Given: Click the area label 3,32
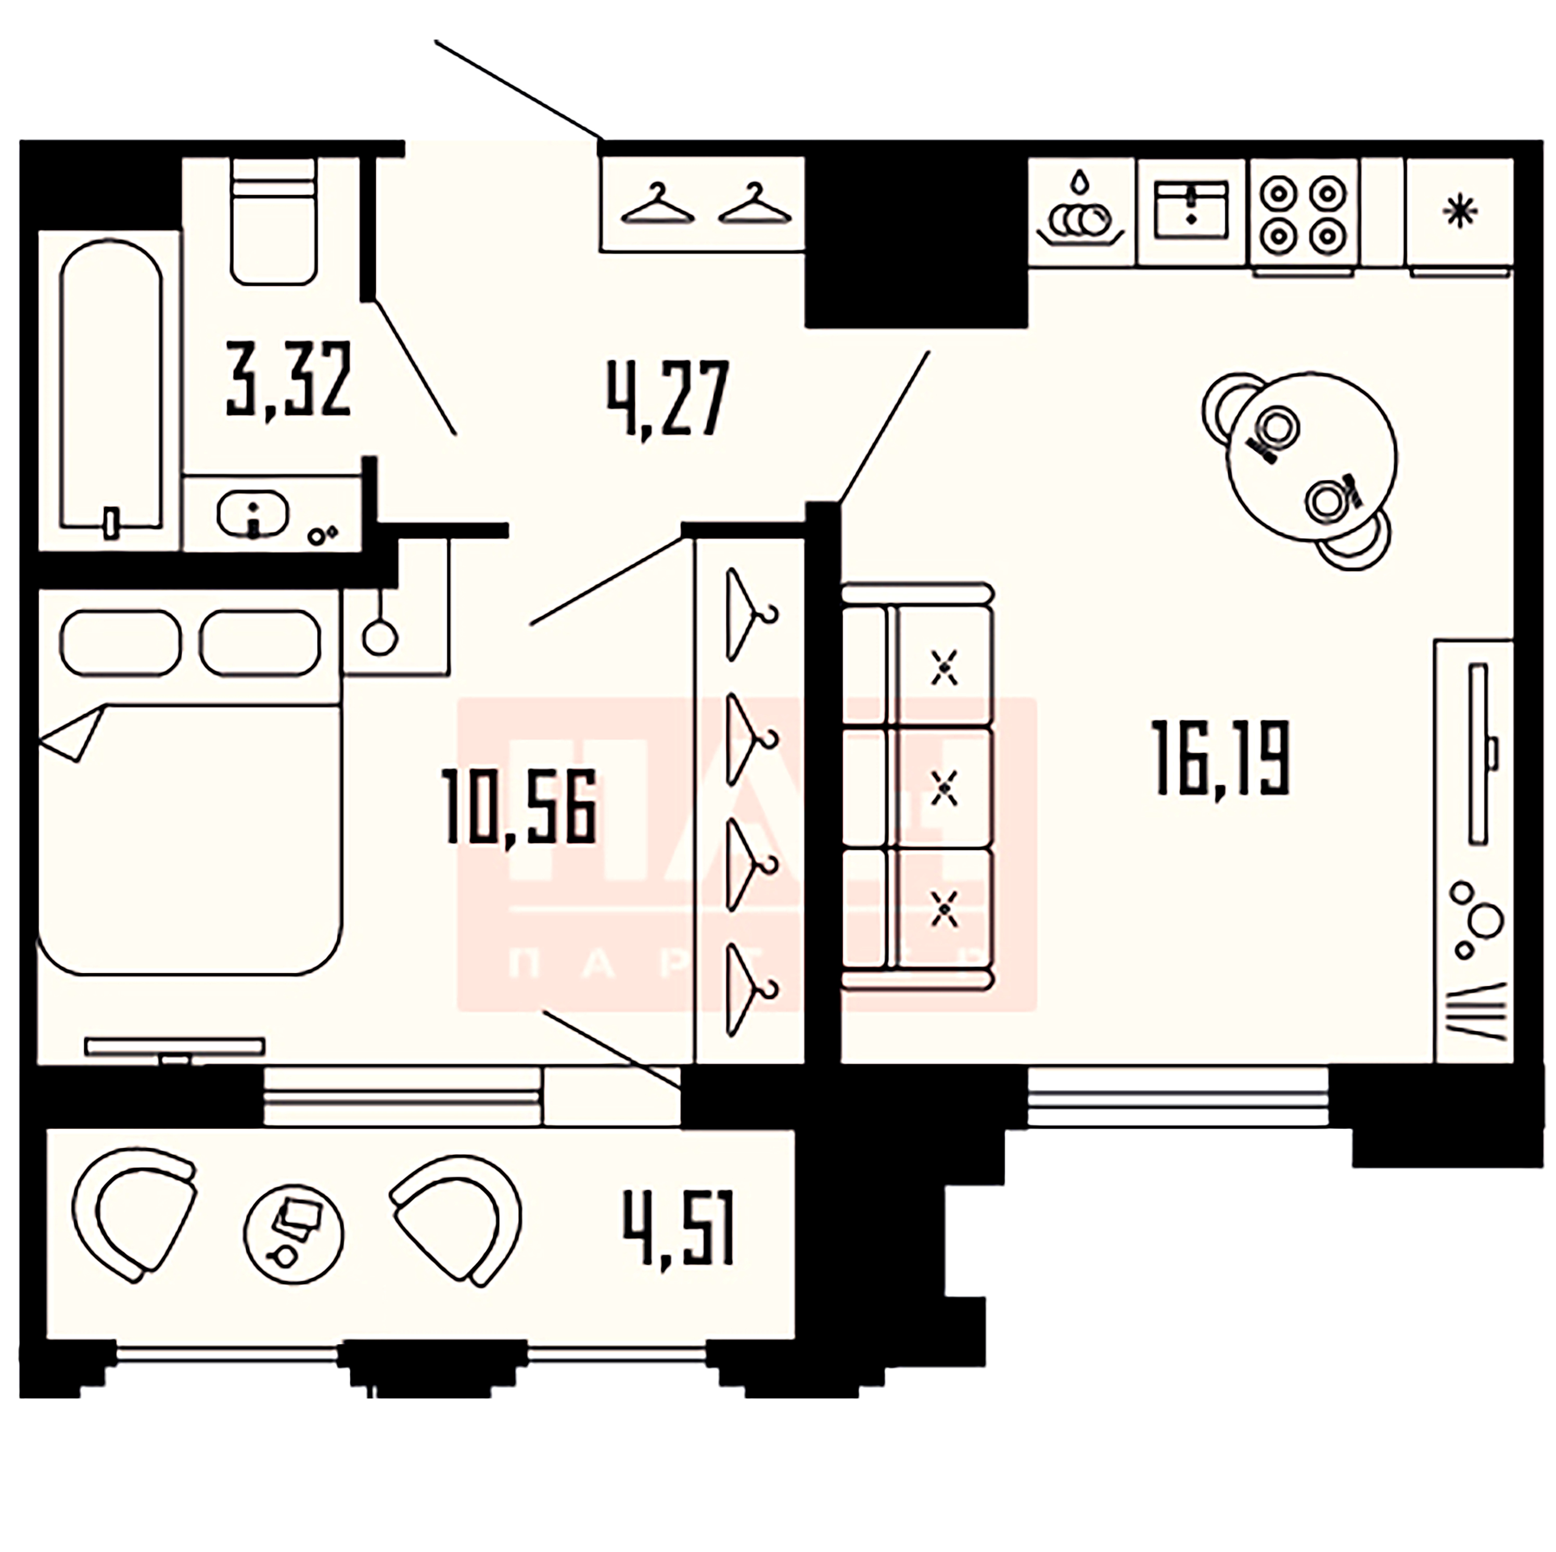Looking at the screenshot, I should tap(288, 378).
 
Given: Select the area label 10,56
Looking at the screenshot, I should tap(519, 806).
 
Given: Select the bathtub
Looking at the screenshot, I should tap(111, 387).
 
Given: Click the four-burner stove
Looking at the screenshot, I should tap(1303, 213).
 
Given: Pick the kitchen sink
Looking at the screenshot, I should tap(1191, 210).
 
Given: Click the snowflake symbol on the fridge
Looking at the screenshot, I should tap(1459, 213).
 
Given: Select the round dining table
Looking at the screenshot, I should tap(1311, 459).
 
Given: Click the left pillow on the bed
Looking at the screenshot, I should tap(120, 643).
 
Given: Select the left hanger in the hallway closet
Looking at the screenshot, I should tap(658, 206).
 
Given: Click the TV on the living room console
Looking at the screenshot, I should tap(1478, 753).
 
